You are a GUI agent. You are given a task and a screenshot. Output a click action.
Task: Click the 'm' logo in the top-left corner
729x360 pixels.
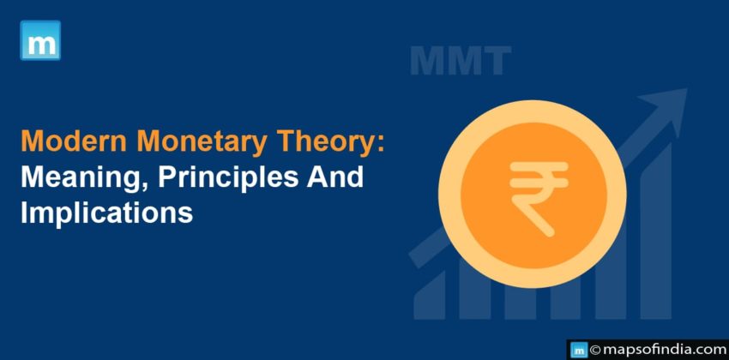click(x=40, y=40)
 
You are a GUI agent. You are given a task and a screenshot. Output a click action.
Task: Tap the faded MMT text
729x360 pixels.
click(x=460, y=62)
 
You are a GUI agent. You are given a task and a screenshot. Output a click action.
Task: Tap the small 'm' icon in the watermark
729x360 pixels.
click(x=578, y=350)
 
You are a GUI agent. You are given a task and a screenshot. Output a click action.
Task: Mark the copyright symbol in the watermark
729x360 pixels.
click(x=594, y=350)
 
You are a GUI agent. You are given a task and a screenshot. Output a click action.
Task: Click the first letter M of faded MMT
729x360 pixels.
click(x=427, y=62)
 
